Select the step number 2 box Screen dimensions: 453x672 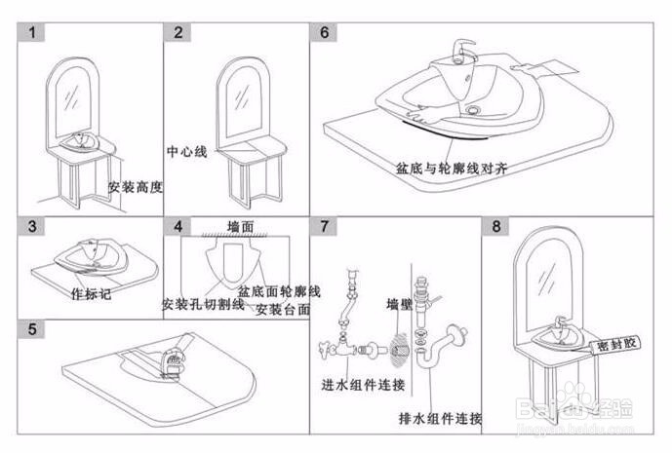pyautogui.click(x=178, y=32)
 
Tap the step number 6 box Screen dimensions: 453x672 pyautogui.click(x=325, y=32)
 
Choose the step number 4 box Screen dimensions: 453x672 pyautogui.click(x=178, y=227)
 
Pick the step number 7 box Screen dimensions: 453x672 pyautogui.click(x=325, y=227)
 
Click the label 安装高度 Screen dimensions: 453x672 pyautogui.click(x=135, y=186)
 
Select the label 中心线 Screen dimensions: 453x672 pyautogui.click(x=187, y=153)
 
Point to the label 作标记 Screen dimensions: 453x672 pyautogui.click(x=92, y=292)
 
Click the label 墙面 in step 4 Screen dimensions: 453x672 pyautogui.click(x=240, y=225)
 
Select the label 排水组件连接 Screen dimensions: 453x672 pyautogui.click(x=440, y=418)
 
